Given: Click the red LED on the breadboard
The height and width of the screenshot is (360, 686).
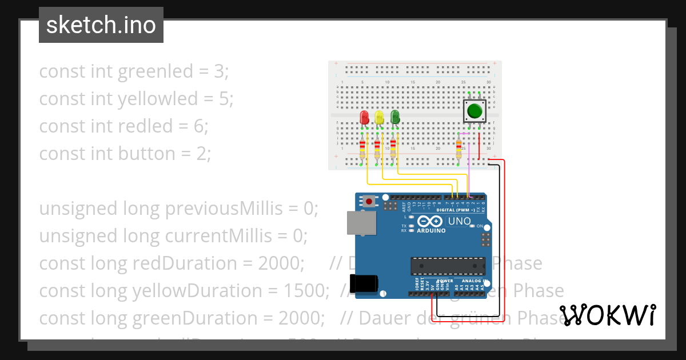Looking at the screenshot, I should coord(364,118).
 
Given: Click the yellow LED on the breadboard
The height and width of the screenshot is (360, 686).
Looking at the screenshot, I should coord(379,118).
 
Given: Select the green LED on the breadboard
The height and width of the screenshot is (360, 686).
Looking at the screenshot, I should coord(395,117).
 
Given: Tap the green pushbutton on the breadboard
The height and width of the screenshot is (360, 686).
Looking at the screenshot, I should coord(474,110).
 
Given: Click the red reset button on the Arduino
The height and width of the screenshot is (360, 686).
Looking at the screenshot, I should coord(370,201).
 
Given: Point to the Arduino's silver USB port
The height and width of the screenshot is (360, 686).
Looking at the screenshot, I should coord(362,223).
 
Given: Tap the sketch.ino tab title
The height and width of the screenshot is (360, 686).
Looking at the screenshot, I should coord(101,25).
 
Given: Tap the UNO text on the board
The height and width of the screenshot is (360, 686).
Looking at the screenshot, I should coord(458,221).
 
